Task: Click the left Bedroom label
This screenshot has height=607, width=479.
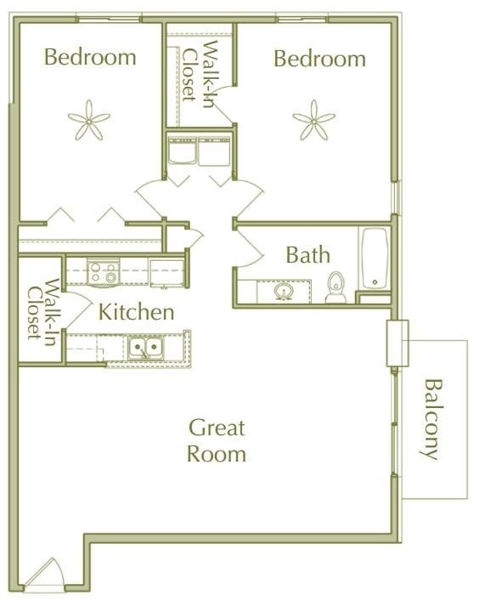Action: [x=90, y=58]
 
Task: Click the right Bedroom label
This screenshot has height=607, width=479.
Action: [x=319, y=59]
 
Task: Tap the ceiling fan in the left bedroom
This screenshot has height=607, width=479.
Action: [x=89, y=120]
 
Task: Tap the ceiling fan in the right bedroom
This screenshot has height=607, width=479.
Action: [x=313, y=120]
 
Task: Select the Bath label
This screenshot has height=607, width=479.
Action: [x=307, y=255]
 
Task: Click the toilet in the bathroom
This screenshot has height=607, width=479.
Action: [x=336, y=286]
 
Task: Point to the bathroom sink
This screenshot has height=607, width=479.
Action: [x=285, y=292]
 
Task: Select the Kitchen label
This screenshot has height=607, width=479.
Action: [x=137, y=312]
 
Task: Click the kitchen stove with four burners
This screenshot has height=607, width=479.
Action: [x=104, y=273]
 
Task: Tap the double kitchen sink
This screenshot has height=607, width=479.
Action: [x=146, y=347]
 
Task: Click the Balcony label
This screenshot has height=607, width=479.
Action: [x=432, y=418]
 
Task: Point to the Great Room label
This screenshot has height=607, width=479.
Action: [x=217, y=440]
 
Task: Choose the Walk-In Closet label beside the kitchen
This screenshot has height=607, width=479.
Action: [x=41, y=309]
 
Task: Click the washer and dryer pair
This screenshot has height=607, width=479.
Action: [x=199, y=153]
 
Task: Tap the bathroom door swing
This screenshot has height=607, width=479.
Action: [x=250, y=247]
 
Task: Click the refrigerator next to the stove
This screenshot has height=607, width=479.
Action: [x=166, y=273]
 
